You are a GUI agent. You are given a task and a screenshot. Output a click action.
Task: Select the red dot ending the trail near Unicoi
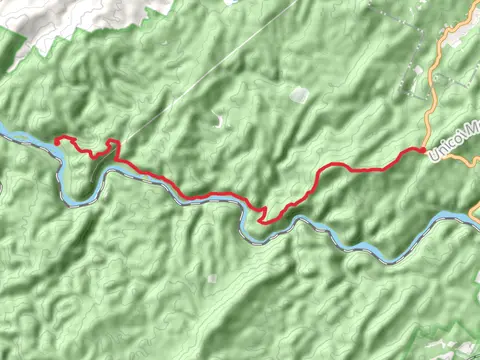(x=423, y=151)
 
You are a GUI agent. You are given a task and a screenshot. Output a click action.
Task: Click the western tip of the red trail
(x=56, y=139)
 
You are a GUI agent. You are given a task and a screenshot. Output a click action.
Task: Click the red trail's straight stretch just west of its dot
(x=385, y=167)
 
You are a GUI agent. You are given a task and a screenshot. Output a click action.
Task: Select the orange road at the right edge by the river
(x=473, y=212)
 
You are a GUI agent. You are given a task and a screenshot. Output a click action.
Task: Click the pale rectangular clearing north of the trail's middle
(x=299, y=95)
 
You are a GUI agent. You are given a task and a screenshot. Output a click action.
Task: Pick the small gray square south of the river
(x=212, y=278)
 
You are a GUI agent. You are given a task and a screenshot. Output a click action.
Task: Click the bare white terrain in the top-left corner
(x=40, y=20)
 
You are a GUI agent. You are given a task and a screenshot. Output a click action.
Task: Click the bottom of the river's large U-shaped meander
(x=75, y=200)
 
